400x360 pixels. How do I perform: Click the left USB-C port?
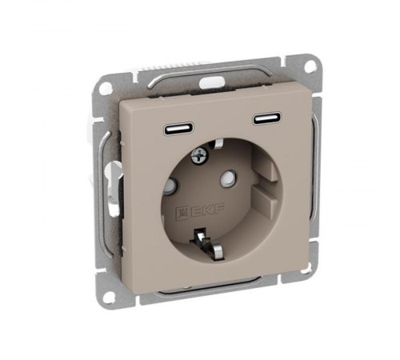click(179, 129)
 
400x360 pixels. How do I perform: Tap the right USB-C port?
click(267, 119)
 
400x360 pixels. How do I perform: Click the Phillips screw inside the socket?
click(198, 156)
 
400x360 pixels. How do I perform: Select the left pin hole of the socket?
click(170, 186)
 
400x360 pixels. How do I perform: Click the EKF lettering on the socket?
click(206, 210)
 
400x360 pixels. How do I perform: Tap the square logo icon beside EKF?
click(182, 214)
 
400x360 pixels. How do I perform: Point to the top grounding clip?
click(218, 143)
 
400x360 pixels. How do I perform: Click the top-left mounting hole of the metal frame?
click(106, 87)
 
